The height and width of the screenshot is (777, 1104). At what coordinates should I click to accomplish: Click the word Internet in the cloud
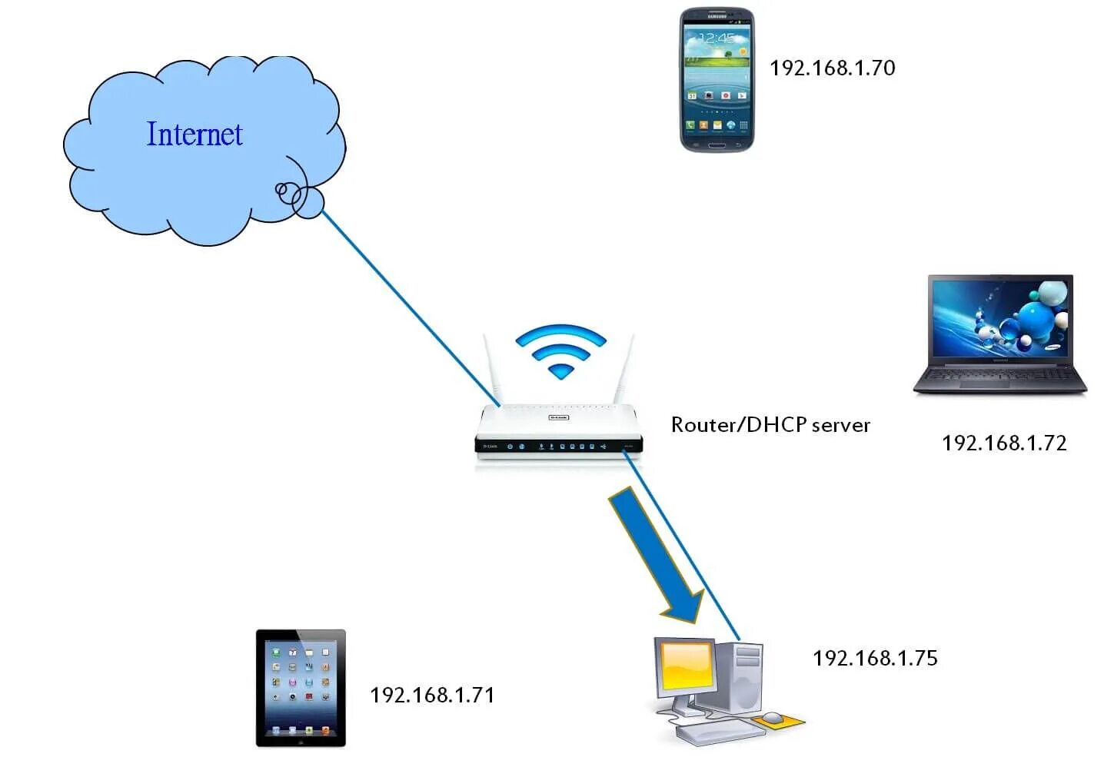[195, 134]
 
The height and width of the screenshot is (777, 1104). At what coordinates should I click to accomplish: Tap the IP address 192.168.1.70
[832, 68]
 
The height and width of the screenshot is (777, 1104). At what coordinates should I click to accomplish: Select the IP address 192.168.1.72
[1004, 443]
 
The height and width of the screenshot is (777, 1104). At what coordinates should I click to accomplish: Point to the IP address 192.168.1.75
[875, 658]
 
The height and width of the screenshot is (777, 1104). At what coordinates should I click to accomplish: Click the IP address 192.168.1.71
[432, 695]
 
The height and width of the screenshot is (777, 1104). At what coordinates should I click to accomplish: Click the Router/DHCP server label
[770, 425]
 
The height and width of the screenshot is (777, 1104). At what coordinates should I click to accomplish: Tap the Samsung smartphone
[717, 81]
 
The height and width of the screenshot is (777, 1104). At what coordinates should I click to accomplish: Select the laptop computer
[999, 334]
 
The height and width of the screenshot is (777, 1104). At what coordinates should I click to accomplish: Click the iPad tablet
[301, 688]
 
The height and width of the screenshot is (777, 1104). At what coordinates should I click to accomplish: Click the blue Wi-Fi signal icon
[561, 350]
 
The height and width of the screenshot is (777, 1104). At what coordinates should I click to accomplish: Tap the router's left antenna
[491, 370]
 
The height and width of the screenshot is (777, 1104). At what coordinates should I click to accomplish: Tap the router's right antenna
[624, 370]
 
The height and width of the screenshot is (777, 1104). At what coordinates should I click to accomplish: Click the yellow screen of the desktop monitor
[687, 666]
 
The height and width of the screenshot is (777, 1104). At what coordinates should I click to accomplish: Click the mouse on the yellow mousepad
[772, 718]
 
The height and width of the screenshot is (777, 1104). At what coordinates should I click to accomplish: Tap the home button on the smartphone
[717, 145]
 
